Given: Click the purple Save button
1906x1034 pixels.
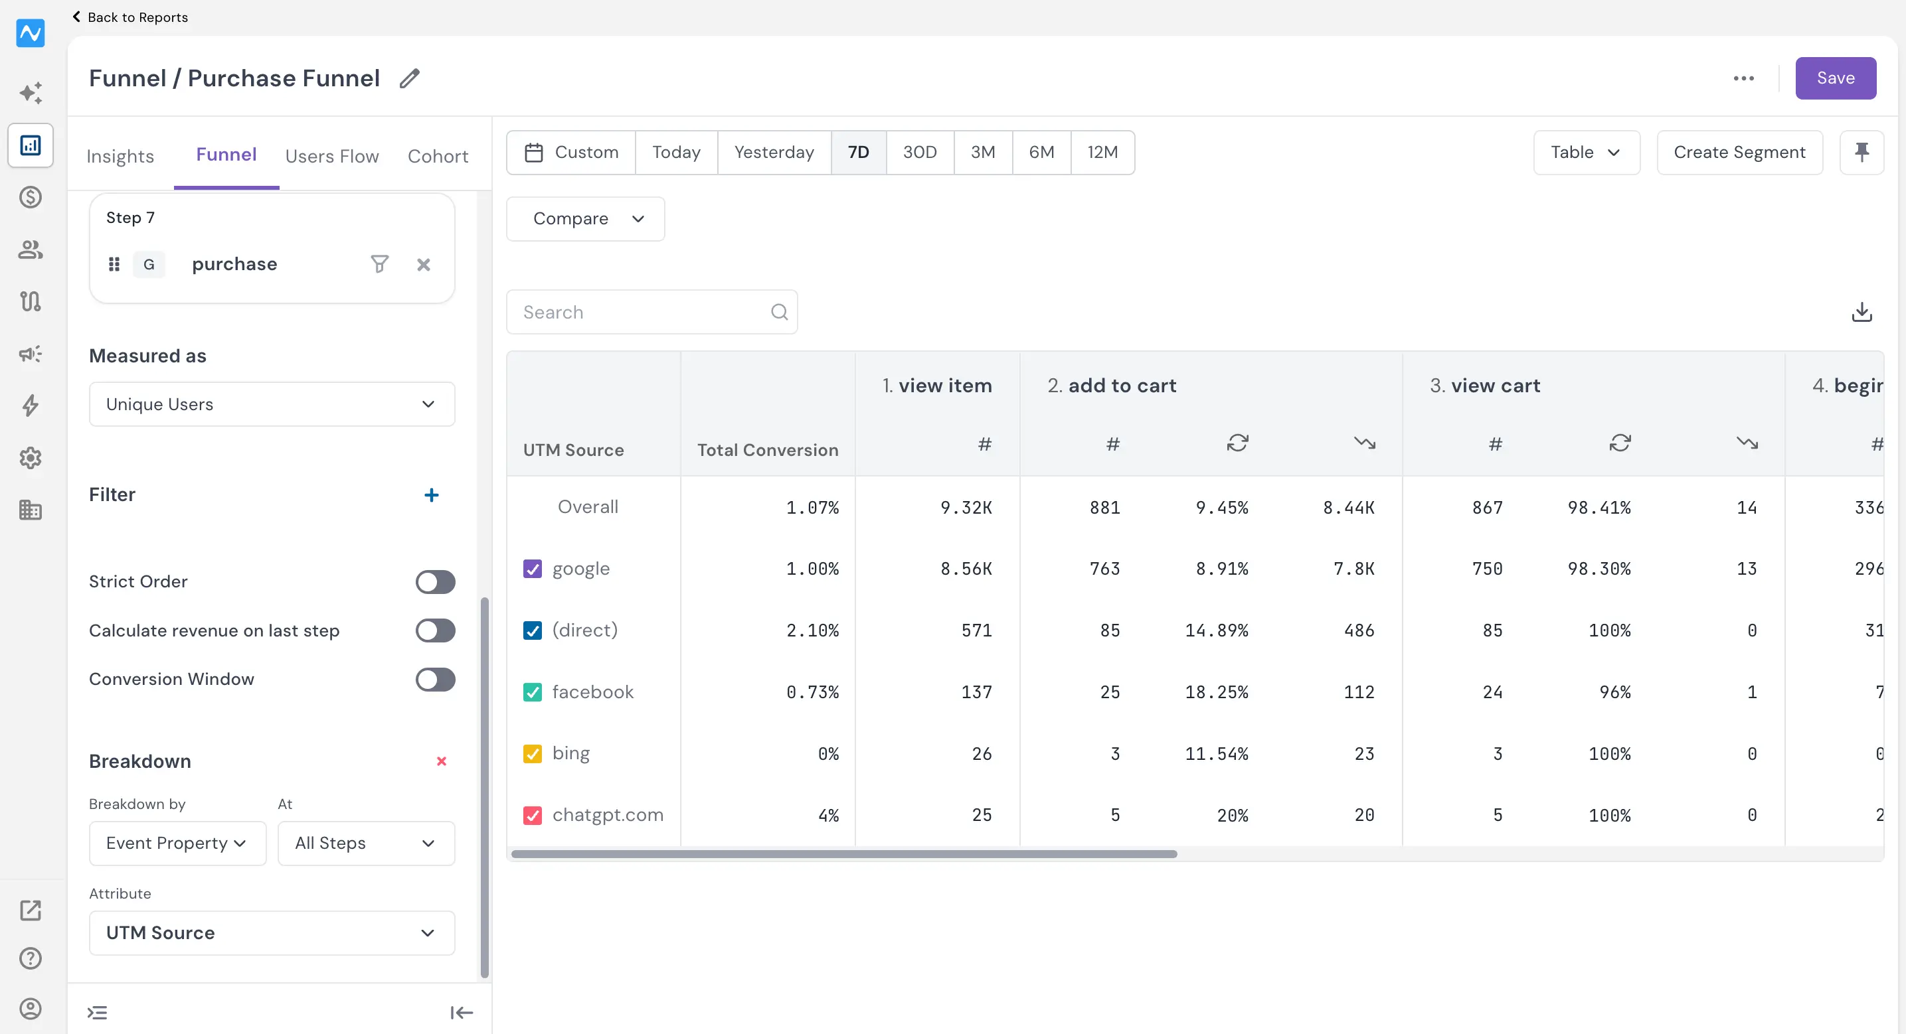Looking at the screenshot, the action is [x=1835, y=78].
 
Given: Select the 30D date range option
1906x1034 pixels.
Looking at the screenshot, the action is [x=920, y=153].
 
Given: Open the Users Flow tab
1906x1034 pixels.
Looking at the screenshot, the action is [x=332, y=156].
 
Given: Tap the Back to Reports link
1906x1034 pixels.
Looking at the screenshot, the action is [x=130, y=17].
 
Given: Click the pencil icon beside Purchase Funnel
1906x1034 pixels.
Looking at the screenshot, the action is [x=410, y=78].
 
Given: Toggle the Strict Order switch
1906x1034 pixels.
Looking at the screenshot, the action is [x=435, y=582].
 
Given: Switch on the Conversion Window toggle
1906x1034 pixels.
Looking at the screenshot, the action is [x=435, y=680].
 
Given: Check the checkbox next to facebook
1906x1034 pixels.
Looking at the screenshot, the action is [x=533, y=692].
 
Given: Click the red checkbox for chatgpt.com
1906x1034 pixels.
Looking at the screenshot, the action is [x=533, y=815].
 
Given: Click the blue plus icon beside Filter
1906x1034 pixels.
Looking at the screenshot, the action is [x=432, y=495].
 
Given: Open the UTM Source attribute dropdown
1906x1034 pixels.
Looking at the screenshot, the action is [x=272, y=932].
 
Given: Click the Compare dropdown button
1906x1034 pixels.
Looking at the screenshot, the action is [x=585, y=219].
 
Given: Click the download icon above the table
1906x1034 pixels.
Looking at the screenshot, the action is [x=1862, y=312].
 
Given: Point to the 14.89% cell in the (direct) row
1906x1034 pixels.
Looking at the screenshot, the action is [x=1217, y=631].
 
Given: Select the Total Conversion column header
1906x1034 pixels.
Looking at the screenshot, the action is [x=767, y=451].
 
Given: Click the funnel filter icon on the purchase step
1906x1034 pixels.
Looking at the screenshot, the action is [x=380, y=264].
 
